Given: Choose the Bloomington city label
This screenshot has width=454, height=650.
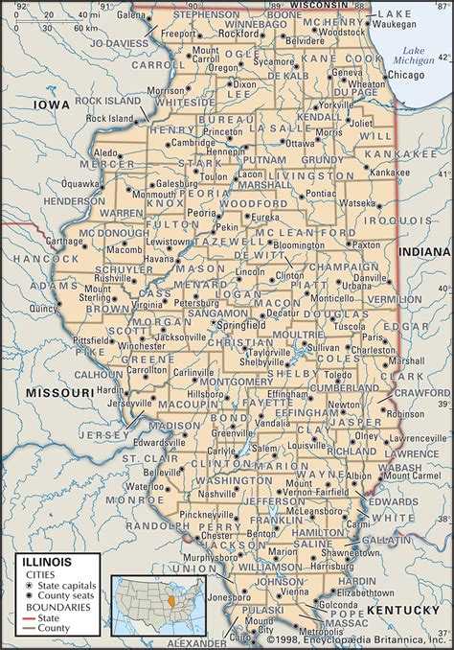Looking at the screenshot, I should tap(299, 245).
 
